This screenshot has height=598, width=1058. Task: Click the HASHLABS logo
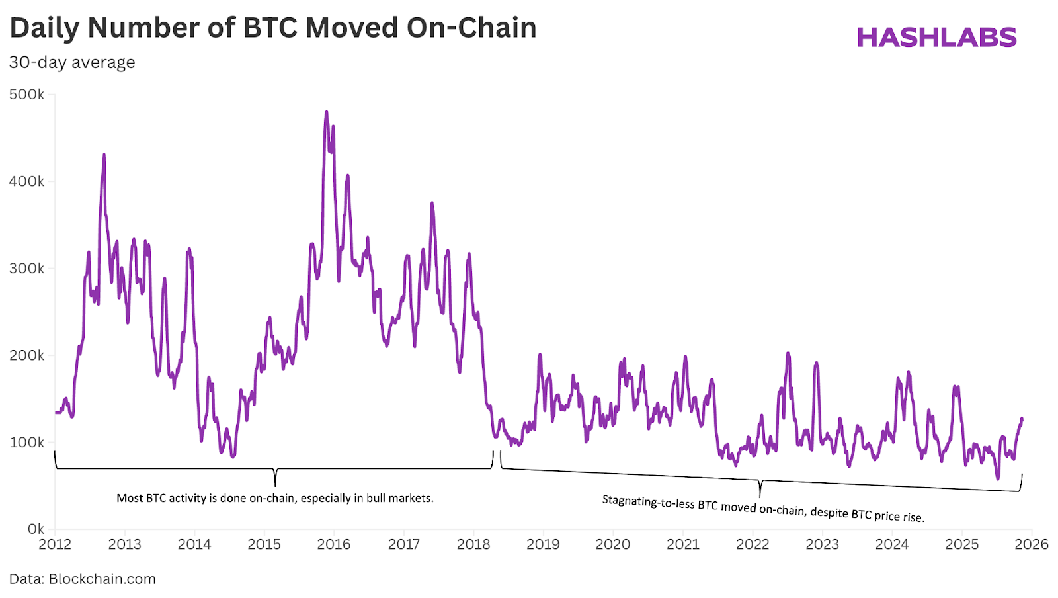[936, 38]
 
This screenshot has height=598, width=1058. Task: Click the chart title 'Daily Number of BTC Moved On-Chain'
[272, 28]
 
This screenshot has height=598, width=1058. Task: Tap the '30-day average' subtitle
[72, 62]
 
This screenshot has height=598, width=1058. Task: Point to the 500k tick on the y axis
[27, 95]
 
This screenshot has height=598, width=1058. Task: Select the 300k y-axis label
[27, 269]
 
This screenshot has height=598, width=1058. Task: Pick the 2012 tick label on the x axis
[55, 544]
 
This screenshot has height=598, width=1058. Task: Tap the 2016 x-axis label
[334, 544]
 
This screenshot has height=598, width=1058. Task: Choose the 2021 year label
[683, 544]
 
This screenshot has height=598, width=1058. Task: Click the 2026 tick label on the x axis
[1032, 544]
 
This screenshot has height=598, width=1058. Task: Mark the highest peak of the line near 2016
[327, 113]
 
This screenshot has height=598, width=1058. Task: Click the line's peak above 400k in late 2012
[104, 156]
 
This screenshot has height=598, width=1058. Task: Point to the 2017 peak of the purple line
[432, 204]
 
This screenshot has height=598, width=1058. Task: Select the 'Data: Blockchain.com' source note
[83, 579]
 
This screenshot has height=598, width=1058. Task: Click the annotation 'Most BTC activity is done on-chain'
[275, 498]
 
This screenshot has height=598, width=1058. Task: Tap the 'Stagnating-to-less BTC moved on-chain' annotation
[762, 509]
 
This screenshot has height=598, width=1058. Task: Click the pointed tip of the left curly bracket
[275, 485]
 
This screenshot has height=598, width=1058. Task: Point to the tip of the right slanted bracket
[760, 496]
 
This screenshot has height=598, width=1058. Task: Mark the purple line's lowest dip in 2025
[998, 478]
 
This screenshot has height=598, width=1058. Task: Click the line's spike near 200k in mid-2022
[788, 354]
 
